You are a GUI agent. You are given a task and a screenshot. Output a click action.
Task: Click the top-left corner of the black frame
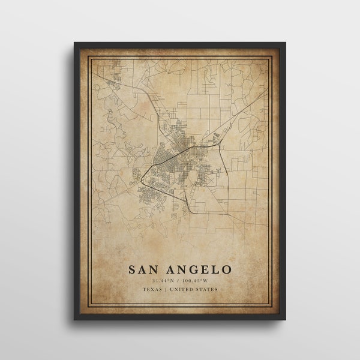pyautogui.click(x=75, y=43)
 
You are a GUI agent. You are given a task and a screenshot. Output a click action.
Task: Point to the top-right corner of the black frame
pyautogui.click(x=286, y=43)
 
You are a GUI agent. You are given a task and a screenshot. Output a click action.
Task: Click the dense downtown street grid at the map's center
pyautogui.click(x=174, y=153)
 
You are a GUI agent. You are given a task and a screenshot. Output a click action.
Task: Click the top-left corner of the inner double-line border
pyautogui.click(x=89, y=57)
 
